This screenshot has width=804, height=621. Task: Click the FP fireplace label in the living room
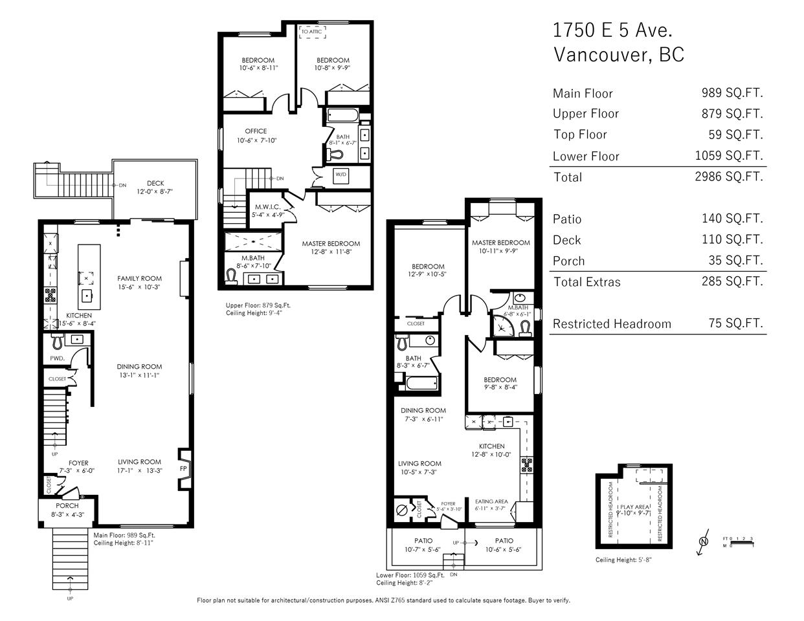click(183, 469)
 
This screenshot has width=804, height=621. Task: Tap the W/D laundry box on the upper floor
click(341, 175)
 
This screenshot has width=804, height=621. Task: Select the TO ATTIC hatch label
click(311, 32)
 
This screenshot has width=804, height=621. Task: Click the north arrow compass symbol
click(704, 541)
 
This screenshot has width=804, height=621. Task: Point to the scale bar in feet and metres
click(739, 542)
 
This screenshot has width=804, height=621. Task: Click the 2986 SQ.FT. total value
click(729, 177)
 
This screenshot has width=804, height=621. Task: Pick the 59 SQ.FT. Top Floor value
click(735, 135)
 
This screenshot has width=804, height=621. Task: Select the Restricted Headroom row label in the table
click(612, 324)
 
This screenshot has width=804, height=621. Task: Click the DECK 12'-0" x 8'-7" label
click(155, 188)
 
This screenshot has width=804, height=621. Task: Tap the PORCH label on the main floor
click(67, 505)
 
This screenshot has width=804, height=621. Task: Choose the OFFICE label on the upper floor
click(256, 131)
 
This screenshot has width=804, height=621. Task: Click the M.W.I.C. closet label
click(268, 208)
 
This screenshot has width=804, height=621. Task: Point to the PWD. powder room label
click(58, 358)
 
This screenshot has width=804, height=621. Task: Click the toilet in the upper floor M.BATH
click(231, 277)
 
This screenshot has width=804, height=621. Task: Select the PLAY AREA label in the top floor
click(634, 507)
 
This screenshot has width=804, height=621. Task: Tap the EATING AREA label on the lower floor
click(491, 501)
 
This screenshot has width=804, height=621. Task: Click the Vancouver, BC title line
click(619, 55)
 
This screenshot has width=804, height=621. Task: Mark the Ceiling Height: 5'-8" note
click(623, 560)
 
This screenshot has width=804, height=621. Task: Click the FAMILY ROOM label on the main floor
click(139, 278)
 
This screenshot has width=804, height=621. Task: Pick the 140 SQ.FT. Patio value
click(733, 219)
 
